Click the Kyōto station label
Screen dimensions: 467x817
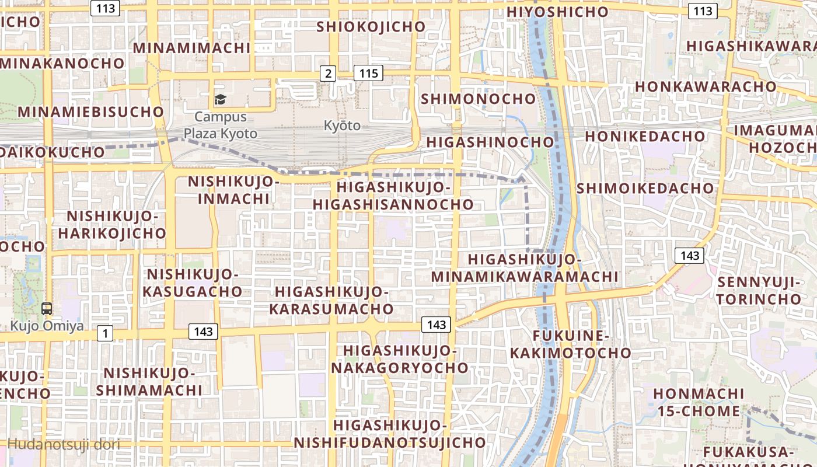click(342, 126)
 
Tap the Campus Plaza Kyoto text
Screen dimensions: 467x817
click(221, 125)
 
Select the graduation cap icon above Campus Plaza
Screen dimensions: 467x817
click(220, 100)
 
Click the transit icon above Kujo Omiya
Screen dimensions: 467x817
click(47, 309)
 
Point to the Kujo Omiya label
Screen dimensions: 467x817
click(47, 326)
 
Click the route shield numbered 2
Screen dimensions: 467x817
click(329, 73)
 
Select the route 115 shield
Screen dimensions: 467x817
click(368, 73)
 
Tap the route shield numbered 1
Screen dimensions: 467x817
click(104, 333)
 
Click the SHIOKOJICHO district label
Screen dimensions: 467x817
click(371, 27)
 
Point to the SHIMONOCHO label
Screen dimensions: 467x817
click(479, 99)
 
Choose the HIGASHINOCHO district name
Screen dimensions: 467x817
click(490, 142)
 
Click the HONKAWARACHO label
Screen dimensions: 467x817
click(706, 86)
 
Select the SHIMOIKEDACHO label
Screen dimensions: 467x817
click(645, 188)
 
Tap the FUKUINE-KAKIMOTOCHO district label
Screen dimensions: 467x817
click(571, 344)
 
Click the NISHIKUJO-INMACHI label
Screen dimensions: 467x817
click(234, 190)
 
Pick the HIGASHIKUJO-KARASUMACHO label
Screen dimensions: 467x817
click(331, 300)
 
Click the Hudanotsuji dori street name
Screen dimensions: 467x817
click(64, 444)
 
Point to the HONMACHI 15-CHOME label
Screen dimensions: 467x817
click(699, 402)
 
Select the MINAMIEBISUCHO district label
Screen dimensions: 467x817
click(91, 111)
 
